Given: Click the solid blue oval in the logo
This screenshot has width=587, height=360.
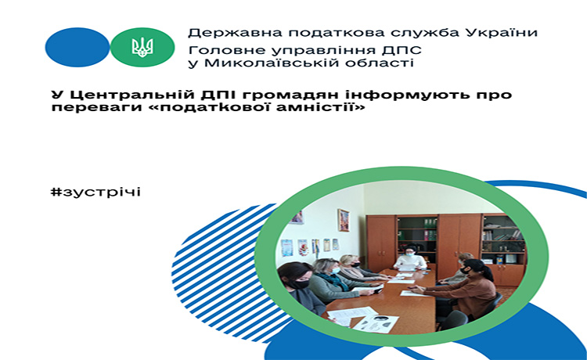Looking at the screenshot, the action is coord(77,47).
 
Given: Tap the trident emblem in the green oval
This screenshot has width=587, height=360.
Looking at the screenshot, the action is coord(142,47).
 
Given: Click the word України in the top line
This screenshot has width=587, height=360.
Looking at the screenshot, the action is coord(502,33).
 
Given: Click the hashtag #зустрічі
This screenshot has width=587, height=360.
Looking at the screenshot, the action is coord(95,192).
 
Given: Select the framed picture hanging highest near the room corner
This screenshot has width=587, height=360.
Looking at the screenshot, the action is coord(344,220).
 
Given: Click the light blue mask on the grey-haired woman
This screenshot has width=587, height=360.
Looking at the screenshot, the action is coord(336,271).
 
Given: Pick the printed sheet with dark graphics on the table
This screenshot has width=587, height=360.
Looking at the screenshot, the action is coord(376,323).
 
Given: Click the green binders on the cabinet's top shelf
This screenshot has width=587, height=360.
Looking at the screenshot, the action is coord(430,223).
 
